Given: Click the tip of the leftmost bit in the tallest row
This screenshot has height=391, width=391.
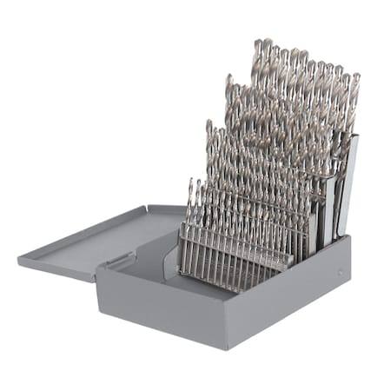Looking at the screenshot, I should click(257, 41).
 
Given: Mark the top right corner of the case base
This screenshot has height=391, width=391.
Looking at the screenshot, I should click(349, 236).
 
